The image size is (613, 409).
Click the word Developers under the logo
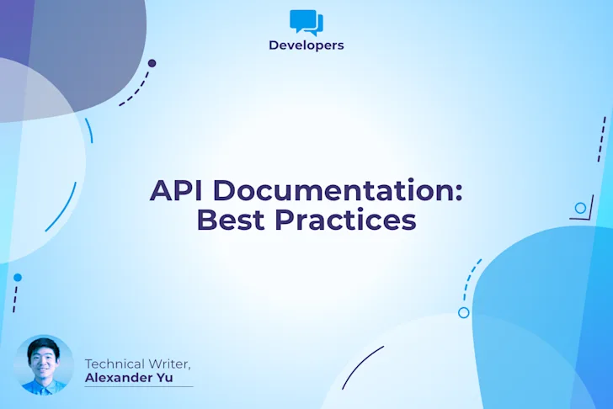coord(306,45)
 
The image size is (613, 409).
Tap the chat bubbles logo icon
coord(306,21)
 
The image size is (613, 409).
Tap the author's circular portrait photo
coord(45,364)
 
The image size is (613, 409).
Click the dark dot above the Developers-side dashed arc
coord(152,63)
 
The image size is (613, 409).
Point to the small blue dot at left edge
coord(18,278)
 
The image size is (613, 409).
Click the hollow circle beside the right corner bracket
coord(580,208)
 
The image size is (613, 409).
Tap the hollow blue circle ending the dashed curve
coord(463,312)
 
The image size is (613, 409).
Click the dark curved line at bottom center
coord(362,367)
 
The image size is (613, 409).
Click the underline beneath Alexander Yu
coord(139,386)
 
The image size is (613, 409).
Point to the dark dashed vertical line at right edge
coord(601,139)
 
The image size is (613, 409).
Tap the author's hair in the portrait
coord(44,346)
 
